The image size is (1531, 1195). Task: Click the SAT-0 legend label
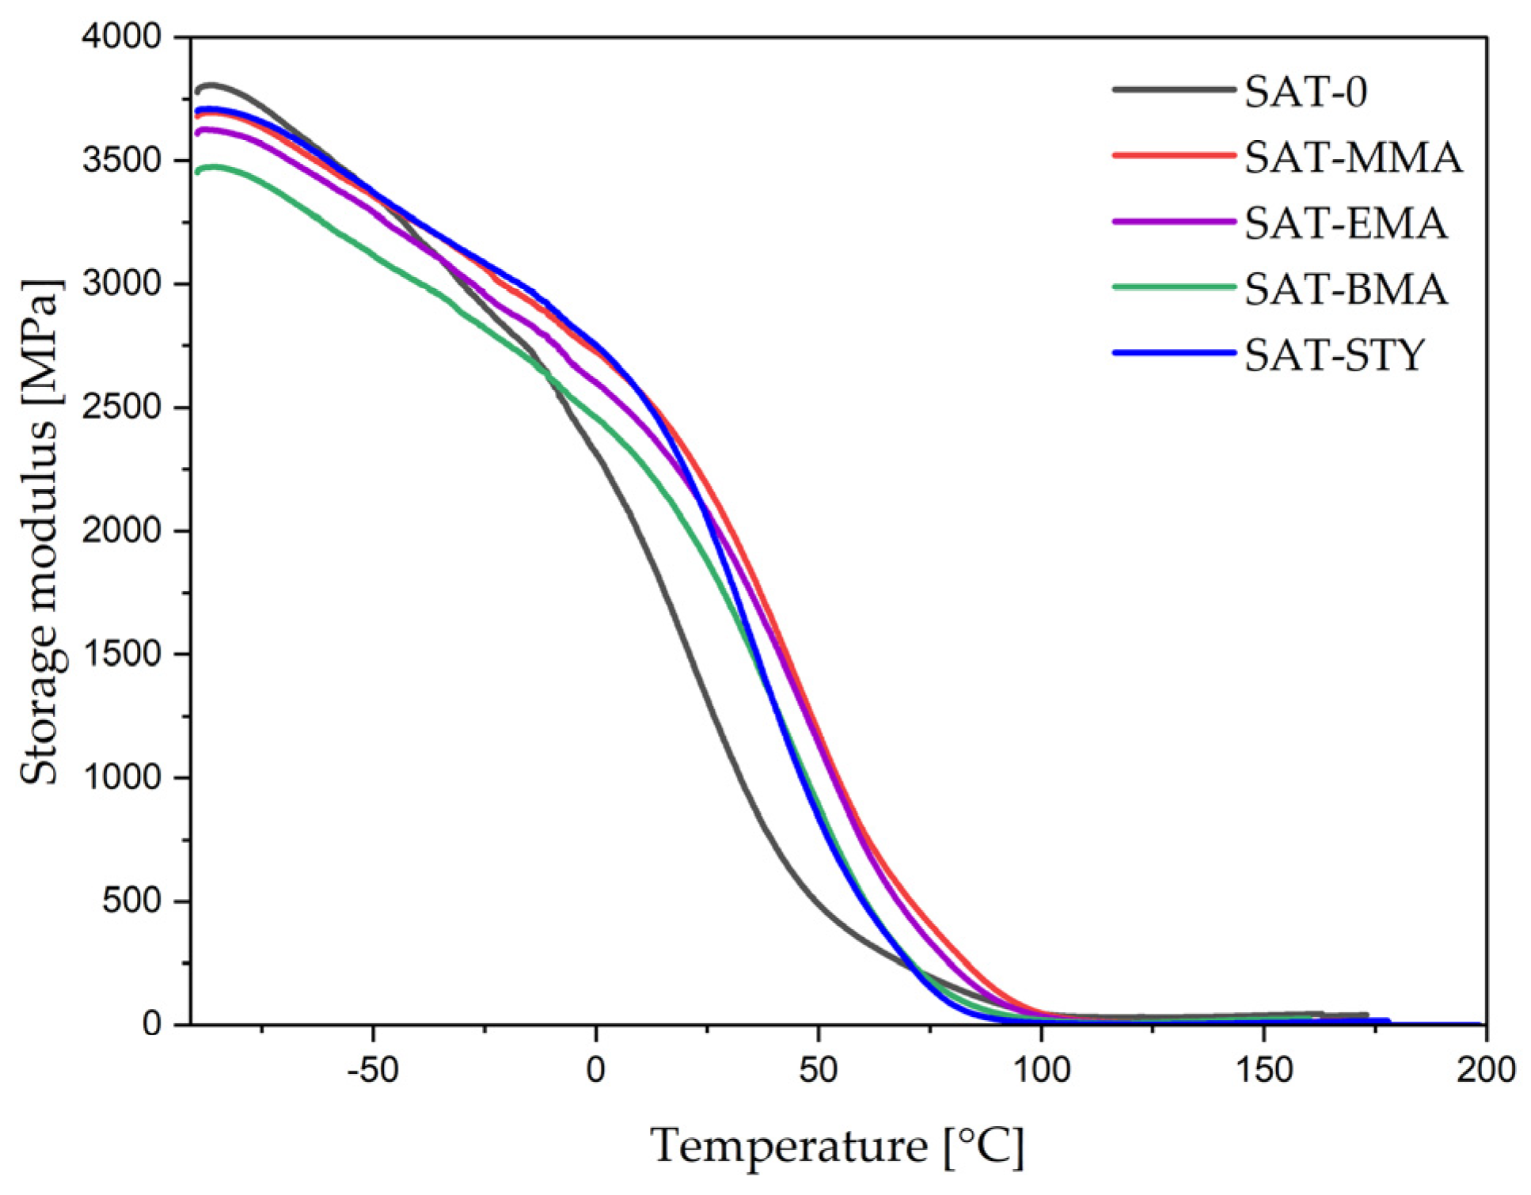(1305, 92)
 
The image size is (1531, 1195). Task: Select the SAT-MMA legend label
(1353, 157)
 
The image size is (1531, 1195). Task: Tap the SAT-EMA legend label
(1346, 223)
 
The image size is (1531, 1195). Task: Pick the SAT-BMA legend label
(1346, 289)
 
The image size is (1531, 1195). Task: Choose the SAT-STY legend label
(1335, 355)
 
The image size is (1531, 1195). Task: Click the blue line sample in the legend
(1173, 353)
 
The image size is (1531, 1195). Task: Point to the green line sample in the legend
(1173, 287)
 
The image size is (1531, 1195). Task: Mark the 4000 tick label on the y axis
(121, 37)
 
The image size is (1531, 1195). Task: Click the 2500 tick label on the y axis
(121, 408)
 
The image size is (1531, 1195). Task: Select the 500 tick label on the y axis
(131, 901)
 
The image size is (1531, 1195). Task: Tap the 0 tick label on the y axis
(152, 1025)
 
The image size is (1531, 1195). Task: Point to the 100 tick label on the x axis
(1042, 1071)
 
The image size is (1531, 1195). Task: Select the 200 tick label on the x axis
(1486, 1071)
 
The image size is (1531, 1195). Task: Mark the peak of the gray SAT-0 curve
(211, 85)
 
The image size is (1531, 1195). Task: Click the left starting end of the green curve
(198, 172)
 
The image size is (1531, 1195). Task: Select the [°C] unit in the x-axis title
(984, 1146)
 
